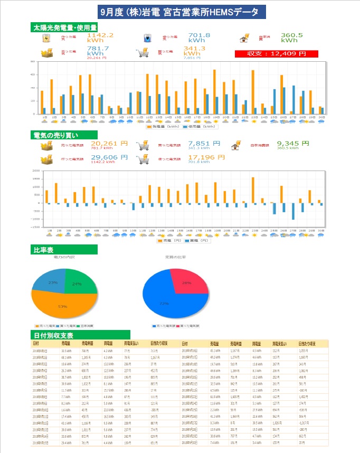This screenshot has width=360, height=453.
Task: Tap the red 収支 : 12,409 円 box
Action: click(277, 53)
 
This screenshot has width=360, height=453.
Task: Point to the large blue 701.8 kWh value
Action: click(198, 37)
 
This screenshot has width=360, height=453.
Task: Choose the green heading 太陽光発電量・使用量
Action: click(64, 27)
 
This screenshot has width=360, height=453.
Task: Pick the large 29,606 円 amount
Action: click(109, 157)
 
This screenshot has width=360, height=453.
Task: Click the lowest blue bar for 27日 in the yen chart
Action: click(293, 211)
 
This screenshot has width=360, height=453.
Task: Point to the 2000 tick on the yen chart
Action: click(36, 171)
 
